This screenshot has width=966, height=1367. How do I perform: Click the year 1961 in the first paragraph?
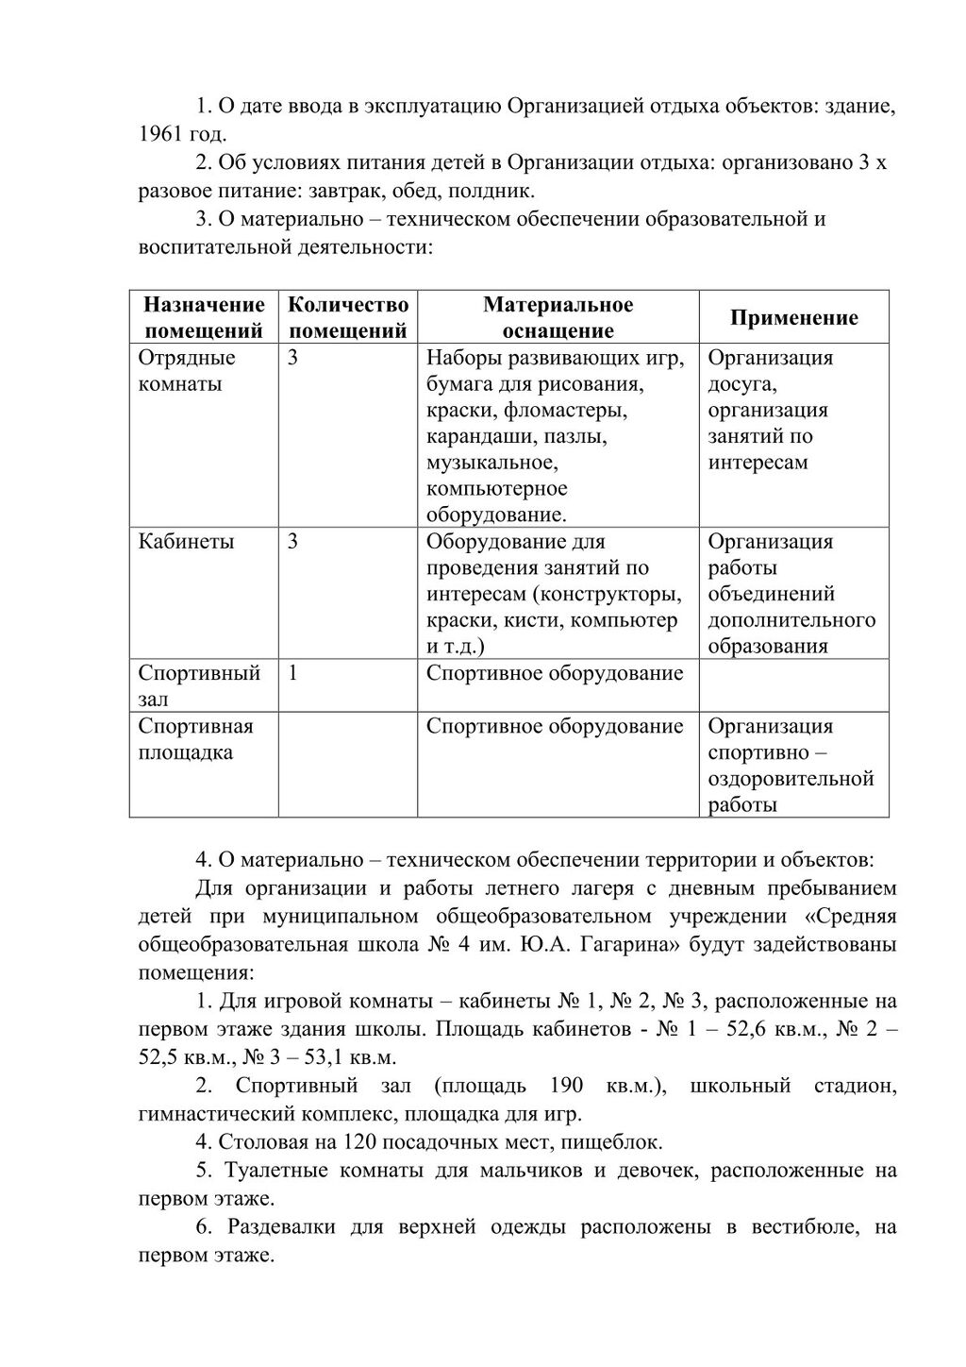point(160,133)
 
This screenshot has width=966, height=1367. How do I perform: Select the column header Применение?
point(793,317)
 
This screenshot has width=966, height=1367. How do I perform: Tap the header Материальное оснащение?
point(558,317)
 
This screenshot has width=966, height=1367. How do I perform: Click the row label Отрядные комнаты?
point(187,371)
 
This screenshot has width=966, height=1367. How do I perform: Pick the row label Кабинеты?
point(186,542)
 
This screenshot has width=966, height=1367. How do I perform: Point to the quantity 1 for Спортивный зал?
point(293,673)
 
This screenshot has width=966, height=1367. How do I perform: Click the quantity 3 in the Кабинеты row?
point(293,542)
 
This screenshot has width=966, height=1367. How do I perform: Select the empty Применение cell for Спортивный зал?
point(793,685)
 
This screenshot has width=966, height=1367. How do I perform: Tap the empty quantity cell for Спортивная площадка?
point(347,765)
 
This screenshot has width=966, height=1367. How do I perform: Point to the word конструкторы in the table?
point(612,594)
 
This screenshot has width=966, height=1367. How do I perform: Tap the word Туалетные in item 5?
point(272,1171)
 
